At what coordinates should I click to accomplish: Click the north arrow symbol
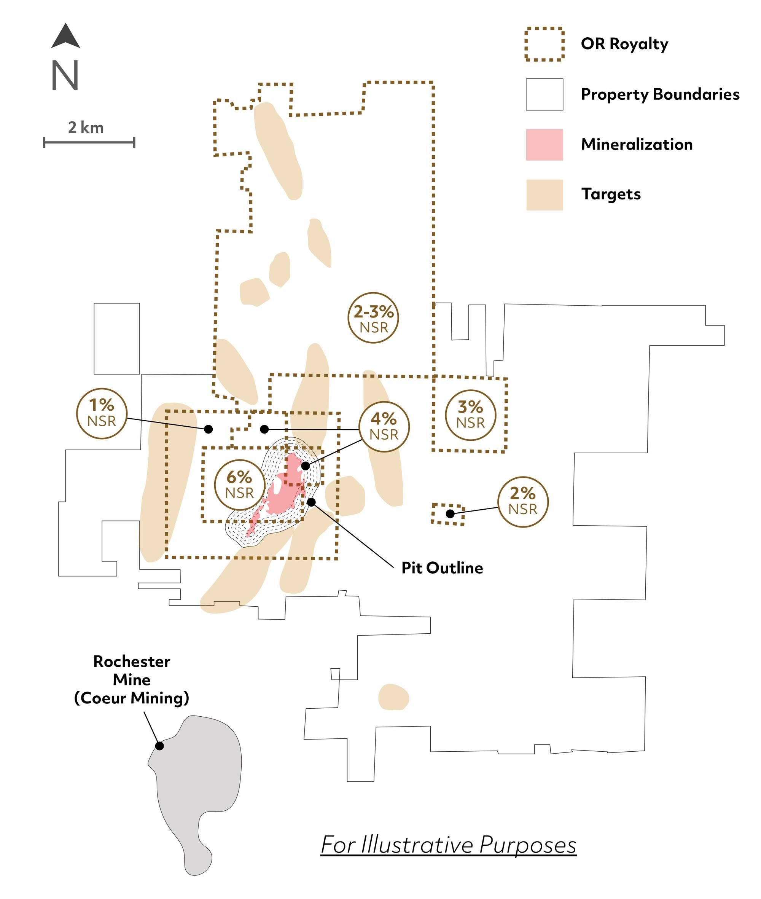click(65, 36)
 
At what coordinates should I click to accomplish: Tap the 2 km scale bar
click(89, 142)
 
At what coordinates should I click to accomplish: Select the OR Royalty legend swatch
click(544, 44)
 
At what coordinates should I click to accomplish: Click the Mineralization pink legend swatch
click(544, 145)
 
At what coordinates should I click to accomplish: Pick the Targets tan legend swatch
click(544, 195)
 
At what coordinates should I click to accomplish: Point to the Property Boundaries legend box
click(544, 94)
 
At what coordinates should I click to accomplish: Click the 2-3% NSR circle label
click(374, 318)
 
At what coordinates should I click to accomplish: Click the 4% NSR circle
click(384, 427)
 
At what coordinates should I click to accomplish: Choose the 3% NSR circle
click(470, 415)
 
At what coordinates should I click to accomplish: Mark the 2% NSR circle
click(523, 502)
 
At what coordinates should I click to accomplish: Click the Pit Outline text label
click(442, 568)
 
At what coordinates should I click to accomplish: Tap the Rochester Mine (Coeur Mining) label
click(132, 680)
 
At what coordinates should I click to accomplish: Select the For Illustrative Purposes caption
click(449, 845)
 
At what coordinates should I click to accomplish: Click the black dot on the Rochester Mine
click(160, 746)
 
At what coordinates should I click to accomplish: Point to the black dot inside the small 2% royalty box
click(450, 513)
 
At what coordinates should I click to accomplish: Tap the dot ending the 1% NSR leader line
click(209, 429)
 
